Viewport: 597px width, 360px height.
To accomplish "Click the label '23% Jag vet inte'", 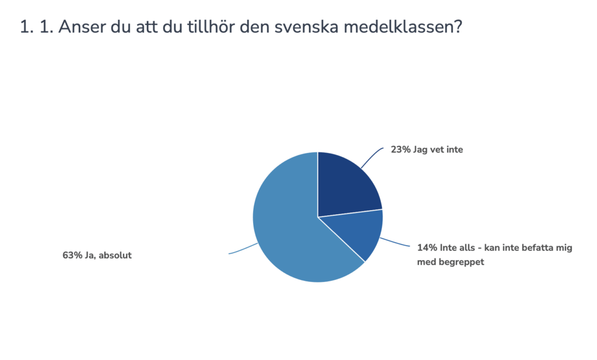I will click(x=427, y=149).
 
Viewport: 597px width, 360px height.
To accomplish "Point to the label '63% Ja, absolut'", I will click(x=97, y=255).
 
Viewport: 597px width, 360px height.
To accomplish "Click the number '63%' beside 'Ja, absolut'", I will click(x=72, y=255).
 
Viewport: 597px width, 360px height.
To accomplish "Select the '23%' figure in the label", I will click(x=401, y=149).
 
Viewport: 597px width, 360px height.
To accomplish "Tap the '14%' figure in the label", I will click(x=427, y=247).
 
